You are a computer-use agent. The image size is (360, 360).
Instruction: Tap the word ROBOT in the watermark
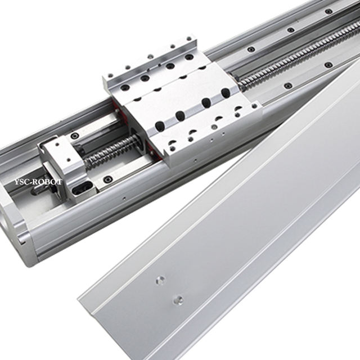47,182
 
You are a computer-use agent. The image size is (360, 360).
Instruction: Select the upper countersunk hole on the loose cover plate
160,280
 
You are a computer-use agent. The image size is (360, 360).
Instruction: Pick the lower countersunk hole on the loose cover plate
178,299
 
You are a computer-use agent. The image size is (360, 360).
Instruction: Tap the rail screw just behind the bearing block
75,136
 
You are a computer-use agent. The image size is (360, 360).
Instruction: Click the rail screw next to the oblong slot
107,179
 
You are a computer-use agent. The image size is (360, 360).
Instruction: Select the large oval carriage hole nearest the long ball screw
226,92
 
